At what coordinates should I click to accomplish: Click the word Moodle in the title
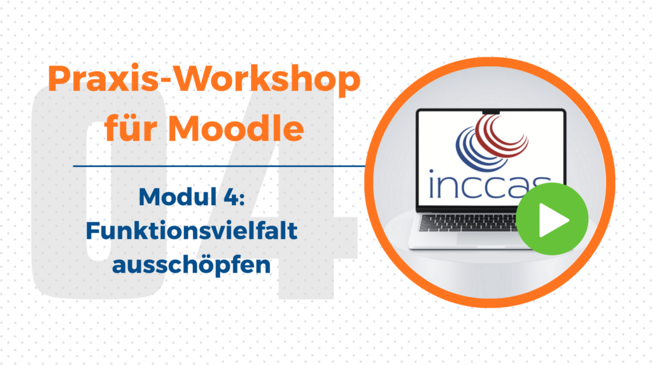pyautogui.click(x=236, y=127)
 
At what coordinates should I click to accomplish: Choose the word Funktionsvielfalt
pyautogui.click(x=192, y=231)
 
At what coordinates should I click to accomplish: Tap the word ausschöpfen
pyautogui.click(x=192, y=265)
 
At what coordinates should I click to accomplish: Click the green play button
pyautogui.click(x=552, y=219)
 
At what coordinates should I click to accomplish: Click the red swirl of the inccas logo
pyautogui.click(x=502, y=135)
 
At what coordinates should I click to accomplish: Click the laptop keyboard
pyautogui.click(x=470, y=222)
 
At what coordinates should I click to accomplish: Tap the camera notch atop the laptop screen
pyautogui.click(x=491, y=111)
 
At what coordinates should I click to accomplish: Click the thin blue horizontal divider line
pyautogui.click(x=219, y=166)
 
